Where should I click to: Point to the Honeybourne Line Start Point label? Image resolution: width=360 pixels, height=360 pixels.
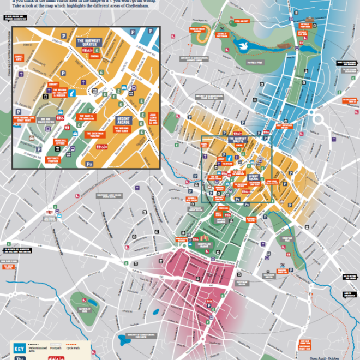tap(25, 118)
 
